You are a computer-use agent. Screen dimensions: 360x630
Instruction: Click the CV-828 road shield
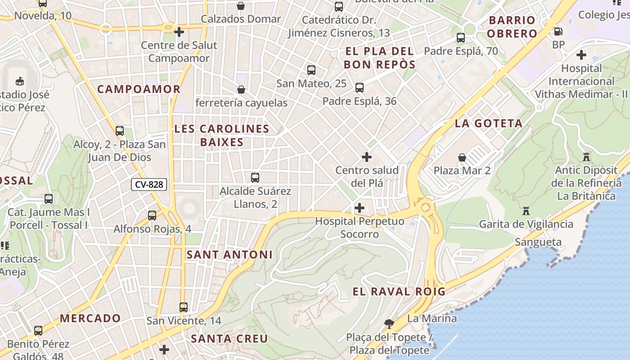pos(149,184)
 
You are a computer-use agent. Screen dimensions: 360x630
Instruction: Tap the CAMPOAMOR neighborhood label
pos(139,89)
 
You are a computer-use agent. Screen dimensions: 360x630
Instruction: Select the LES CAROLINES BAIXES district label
pos(222,135)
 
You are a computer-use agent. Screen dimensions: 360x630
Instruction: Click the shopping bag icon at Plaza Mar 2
pos(462,157)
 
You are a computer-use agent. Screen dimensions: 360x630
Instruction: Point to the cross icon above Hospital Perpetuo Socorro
pos(360,208)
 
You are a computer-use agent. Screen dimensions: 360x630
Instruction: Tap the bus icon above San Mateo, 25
pos(311,70)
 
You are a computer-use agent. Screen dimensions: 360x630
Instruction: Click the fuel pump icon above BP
pos(558,31)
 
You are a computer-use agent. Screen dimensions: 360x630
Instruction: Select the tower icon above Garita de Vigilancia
pos(526,211)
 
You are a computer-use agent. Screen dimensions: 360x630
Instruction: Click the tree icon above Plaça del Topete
pos(389,324)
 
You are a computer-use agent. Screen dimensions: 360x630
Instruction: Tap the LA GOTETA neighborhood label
pos(489,123)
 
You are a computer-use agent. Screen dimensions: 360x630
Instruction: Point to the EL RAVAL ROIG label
pos(399,292)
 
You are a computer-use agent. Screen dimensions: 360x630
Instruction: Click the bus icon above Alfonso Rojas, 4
pos(152,216)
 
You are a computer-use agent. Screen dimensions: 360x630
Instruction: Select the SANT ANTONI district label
pos(229,255)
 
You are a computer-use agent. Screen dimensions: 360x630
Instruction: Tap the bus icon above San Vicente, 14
pos(184,307)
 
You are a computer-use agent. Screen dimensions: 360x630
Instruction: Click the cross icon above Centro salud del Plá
pos(367,157)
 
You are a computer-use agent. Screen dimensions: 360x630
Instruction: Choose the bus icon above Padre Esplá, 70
pos(461,38)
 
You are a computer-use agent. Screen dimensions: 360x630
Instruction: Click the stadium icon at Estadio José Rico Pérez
pos(20,81)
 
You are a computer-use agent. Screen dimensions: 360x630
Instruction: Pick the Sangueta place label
pos(538,243)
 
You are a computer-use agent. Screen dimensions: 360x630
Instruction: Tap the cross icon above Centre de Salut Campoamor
pos(179,31)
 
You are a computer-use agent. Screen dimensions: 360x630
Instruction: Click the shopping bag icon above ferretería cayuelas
pos(241,90)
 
